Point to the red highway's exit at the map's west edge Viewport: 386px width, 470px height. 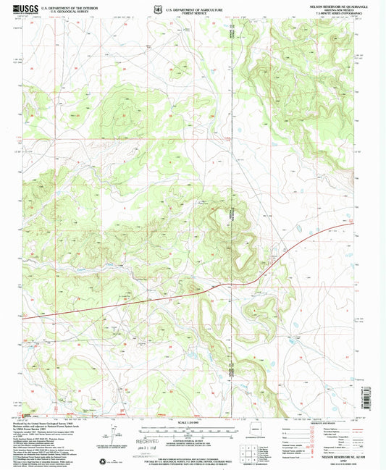click(25, 316)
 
